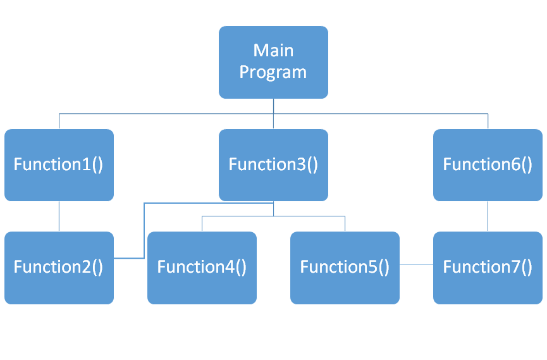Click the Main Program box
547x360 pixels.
273,62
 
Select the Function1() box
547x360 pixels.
59,164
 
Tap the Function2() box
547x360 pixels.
59,268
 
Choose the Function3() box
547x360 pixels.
273,164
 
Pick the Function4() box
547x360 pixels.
202,268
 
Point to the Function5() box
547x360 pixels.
345,268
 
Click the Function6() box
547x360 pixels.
488,164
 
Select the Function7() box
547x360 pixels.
488,268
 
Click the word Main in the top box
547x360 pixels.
273,50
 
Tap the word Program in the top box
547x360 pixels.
273,72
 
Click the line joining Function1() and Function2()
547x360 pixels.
59,216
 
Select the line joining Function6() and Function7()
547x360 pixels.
488,216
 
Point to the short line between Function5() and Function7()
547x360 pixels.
416,263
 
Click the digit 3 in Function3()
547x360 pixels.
299,164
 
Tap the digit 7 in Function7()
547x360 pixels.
513,267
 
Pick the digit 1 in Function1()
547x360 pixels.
85,164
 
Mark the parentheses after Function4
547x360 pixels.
241,268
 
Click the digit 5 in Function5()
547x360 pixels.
371,267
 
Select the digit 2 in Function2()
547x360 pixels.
85,267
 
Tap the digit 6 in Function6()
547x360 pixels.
513,164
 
